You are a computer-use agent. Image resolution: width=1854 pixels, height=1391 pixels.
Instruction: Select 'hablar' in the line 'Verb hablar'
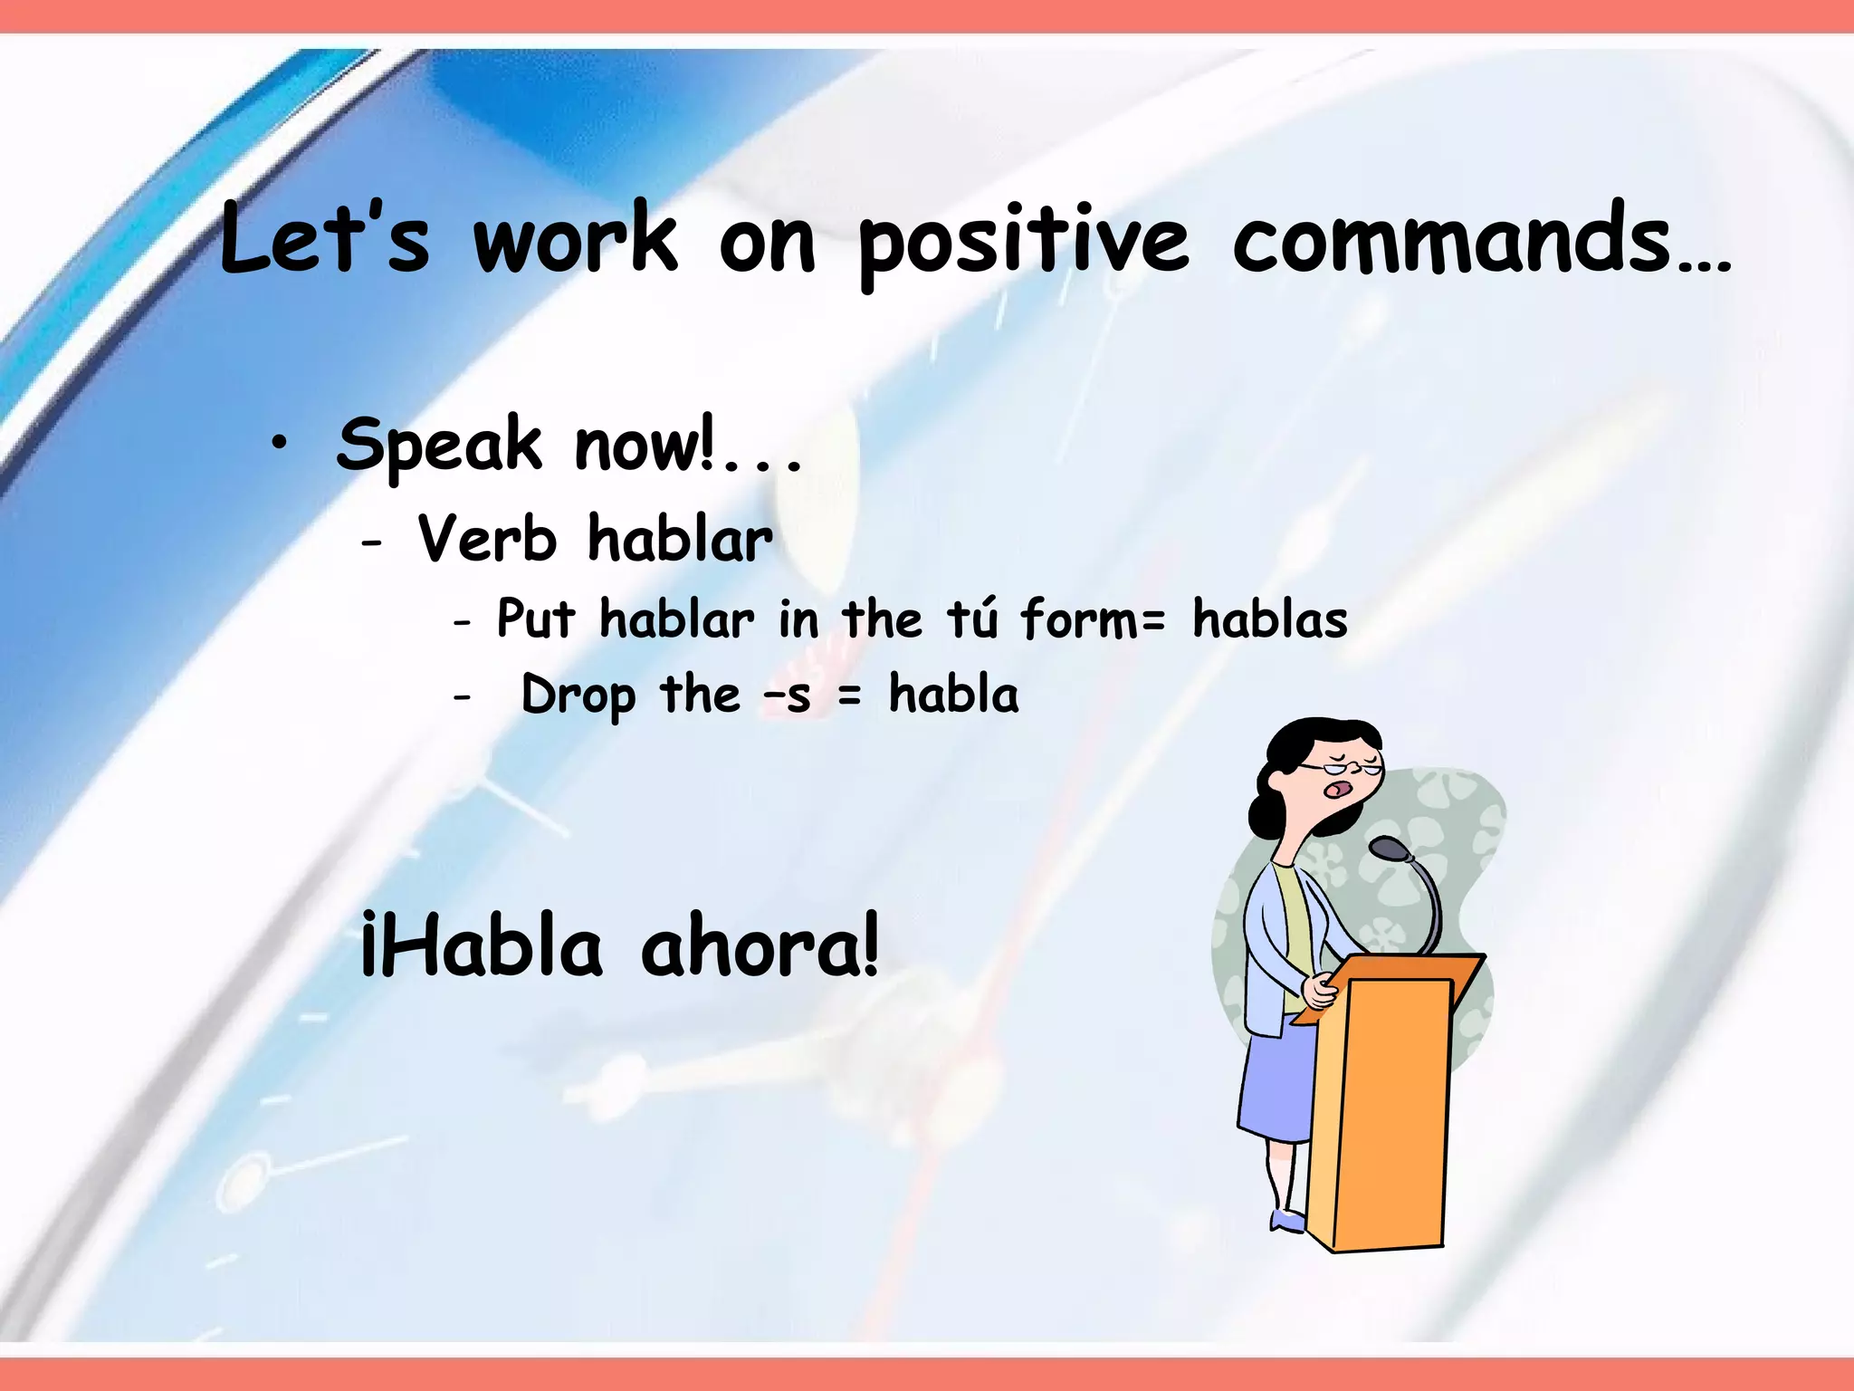tap(680, 539)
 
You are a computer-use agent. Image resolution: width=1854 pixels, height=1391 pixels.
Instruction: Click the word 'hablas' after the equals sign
tap(1269, 620)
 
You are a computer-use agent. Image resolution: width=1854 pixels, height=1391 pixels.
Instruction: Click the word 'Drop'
tap(578, 696)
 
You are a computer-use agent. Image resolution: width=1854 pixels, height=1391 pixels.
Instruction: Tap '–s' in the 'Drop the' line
tap(788, 696)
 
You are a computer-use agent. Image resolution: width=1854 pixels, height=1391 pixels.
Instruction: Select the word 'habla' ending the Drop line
tap(953, 695)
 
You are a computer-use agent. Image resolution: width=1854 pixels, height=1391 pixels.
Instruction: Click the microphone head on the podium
tap(1390, 849)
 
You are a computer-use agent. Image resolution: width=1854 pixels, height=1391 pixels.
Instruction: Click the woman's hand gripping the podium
tap(1320, 990)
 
